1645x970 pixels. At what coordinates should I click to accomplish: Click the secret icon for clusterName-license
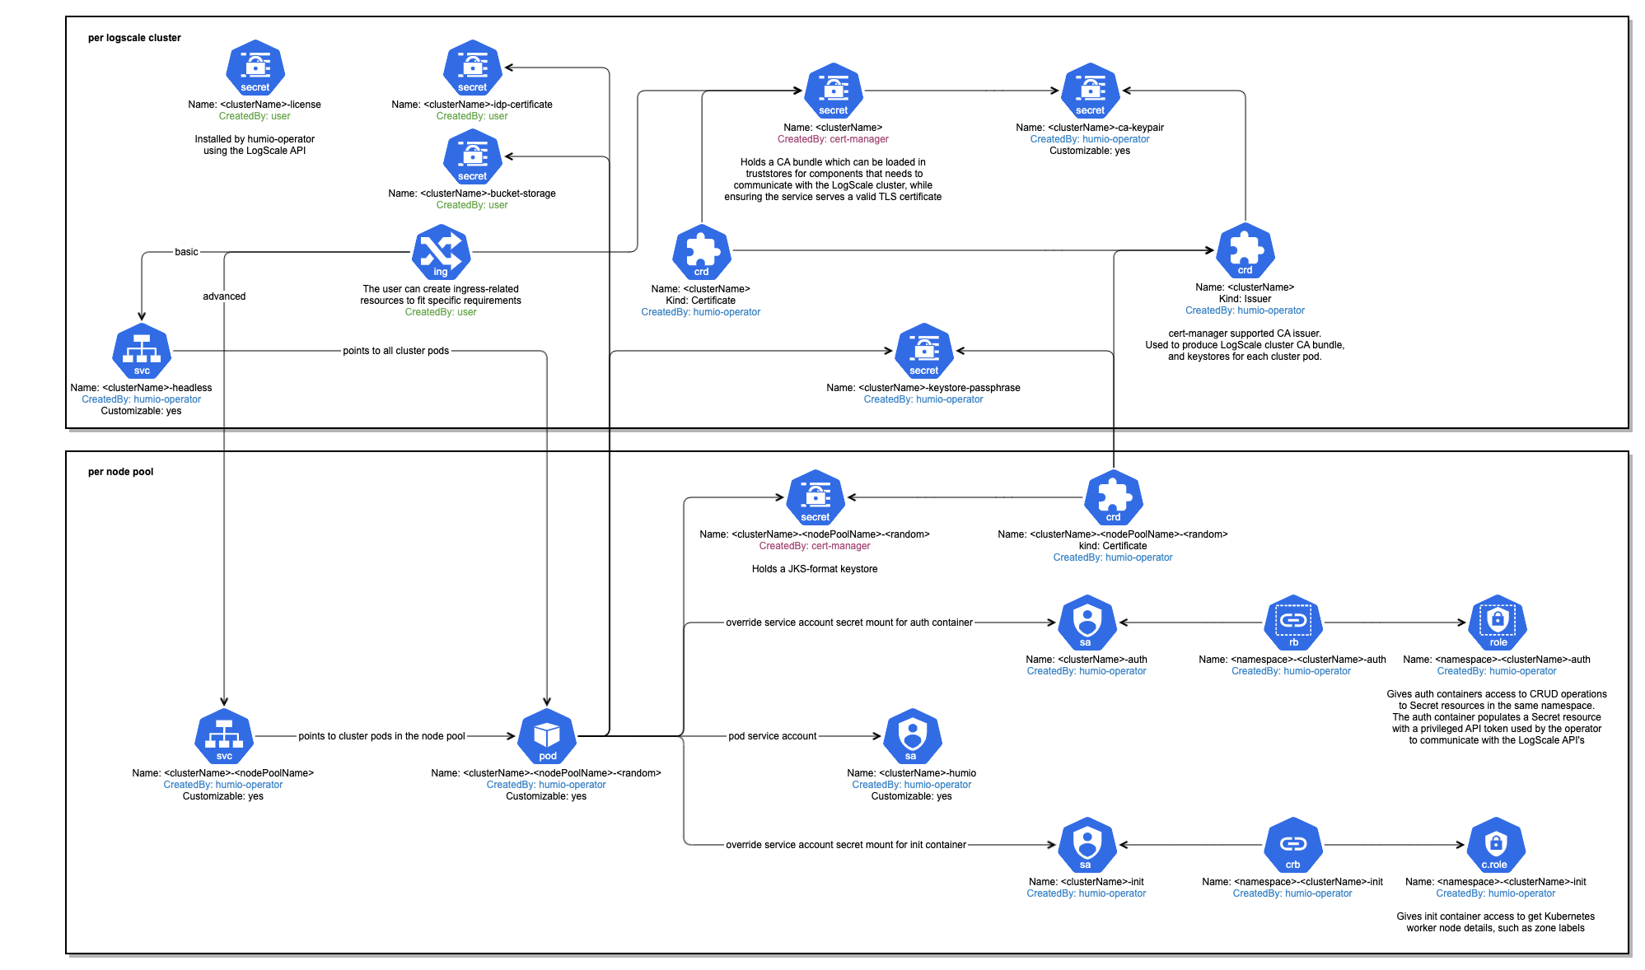point(255,68)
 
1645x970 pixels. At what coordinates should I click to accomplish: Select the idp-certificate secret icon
point(473,68)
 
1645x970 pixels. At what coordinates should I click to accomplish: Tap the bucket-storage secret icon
point(473,156)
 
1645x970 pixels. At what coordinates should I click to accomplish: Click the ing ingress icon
point(442,252)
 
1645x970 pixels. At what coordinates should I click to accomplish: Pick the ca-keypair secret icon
point(1091,91)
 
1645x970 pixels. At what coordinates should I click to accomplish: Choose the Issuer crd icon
point(1245,250)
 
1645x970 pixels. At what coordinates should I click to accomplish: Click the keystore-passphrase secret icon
point(924,351)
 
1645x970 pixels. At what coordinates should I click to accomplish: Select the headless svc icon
point(142,351)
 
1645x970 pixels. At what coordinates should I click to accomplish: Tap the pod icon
point(547,736)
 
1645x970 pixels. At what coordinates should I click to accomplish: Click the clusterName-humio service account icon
point(911,736)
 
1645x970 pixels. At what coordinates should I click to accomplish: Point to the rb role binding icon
point(1293,623)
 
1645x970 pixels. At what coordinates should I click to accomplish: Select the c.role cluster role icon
point(1496,845)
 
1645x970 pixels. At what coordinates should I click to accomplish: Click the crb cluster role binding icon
point(1293,845)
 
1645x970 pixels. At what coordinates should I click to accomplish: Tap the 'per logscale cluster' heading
point(134,38)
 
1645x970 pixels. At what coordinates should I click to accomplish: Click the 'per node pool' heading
point(120,472)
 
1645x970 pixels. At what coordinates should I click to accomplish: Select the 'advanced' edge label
point(224,296)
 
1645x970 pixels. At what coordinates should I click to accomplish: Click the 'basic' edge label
point(186,252)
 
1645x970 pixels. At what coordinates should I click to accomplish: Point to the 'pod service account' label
point(772,736)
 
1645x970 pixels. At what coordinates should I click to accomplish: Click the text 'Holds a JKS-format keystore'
point(814,569)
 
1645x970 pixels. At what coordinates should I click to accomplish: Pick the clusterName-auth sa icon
point(1087,623)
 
